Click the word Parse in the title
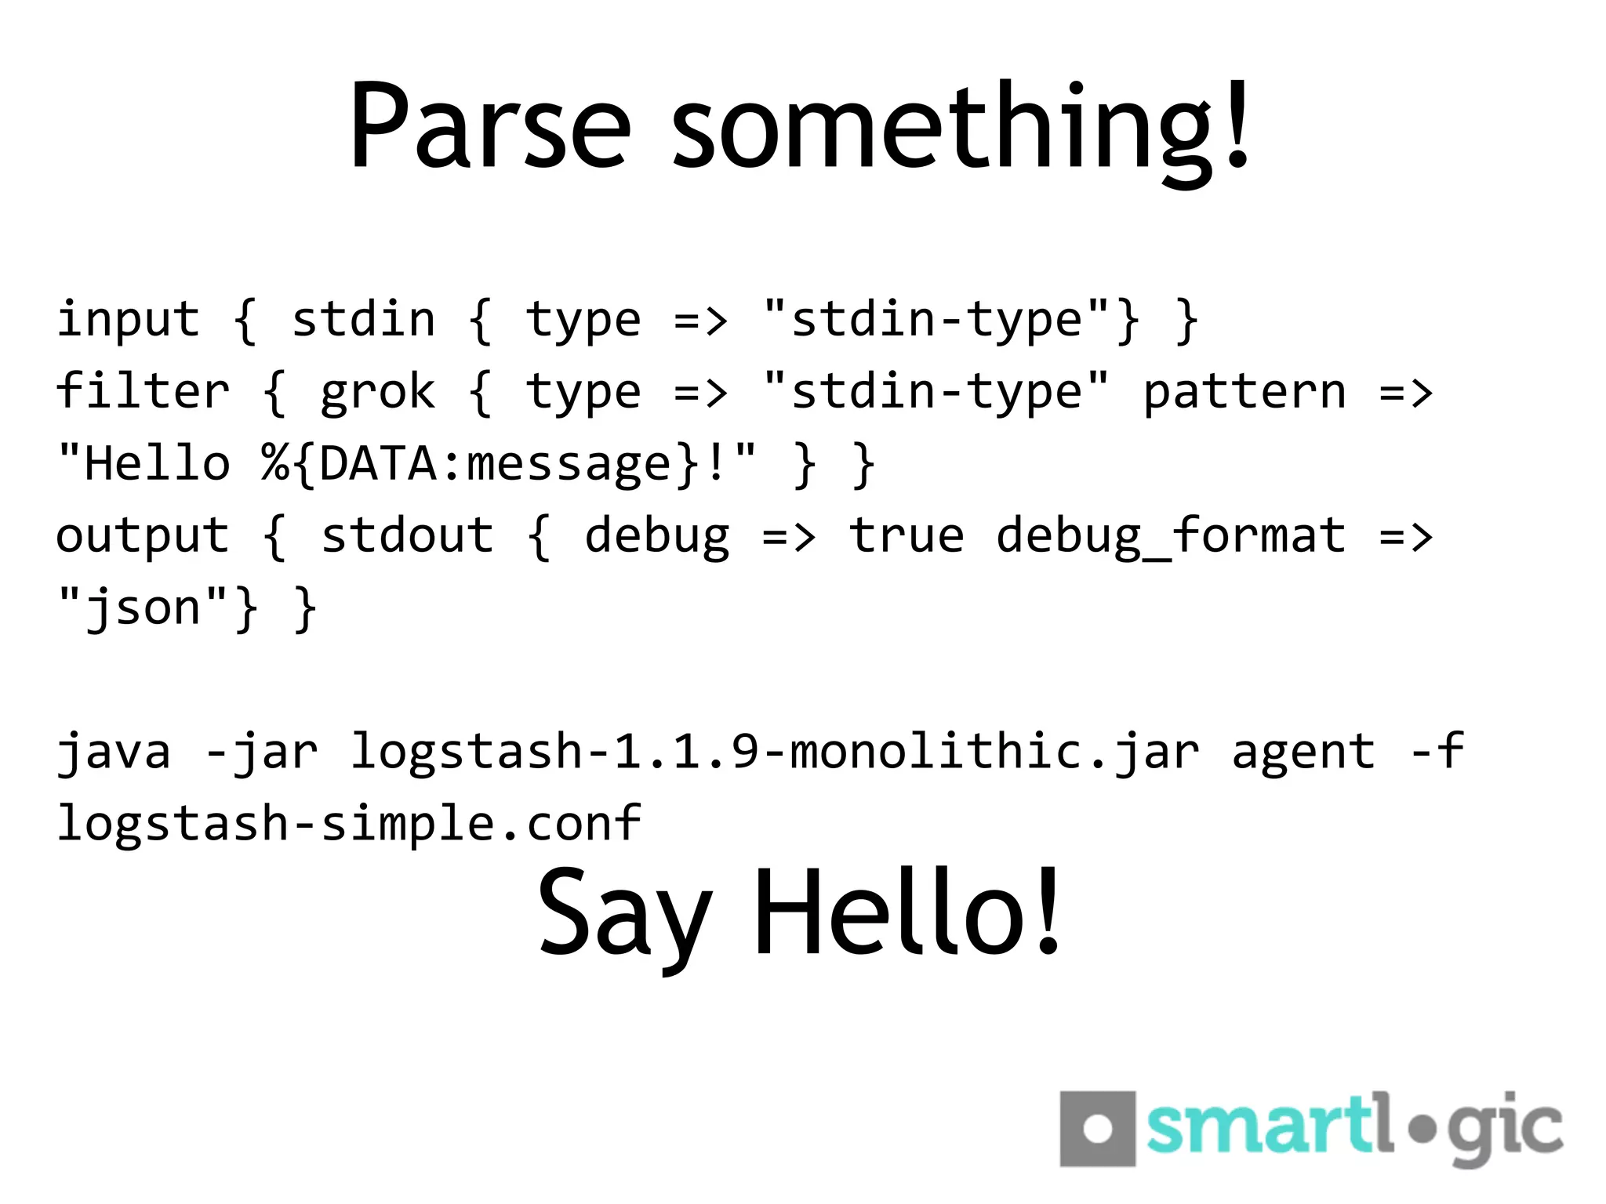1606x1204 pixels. [489, 125]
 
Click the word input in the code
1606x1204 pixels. [129, 320]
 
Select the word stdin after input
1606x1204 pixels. [363, 320]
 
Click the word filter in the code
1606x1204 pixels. [143, 391]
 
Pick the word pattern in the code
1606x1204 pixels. [1244, 391]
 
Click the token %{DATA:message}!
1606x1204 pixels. [510, 464]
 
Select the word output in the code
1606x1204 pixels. [143, 537]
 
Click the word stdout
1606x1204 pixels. [407, 535]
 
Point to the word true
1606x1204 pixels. [907, 535]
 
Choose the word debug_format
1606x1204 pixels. [1171, 537]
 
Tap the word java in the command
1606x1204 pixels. [114, 752]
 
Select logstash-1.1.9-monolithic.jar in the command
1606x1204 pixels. [774, 752]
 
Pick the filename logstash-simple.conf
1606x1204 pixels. [349, 825]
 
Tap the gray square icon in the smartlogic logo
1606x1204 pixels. [1097, 1129]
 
